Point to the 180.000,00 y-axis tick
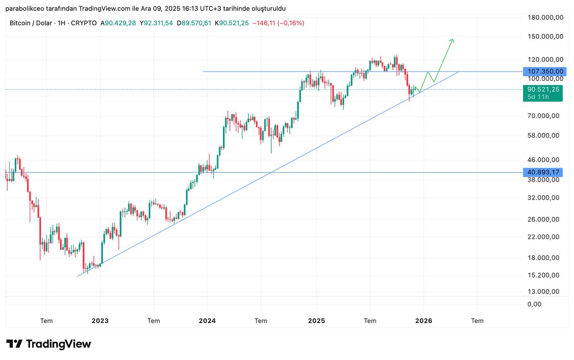click(x=543, y=18)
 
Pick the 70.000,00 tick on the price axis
click(x=543, y=116)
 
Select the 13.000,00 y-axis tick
click(x=543, y=291)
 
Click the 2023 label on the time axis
click(x=100, y=321)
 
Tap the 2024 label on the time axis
click(x=207, y=321)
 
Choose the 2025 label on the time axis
click(x=316, y=321)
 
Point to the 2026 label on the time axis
click(x=424, y=321)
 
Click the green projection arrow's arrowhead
click(x=452, y=41)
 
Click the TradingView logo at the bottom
click(x=48, y=344)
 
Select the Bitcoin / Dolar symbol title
click(x=32, y=23)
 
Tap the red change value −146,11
click(x=265, y=23)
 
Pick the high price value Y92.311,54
click(x=158, y=23)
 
